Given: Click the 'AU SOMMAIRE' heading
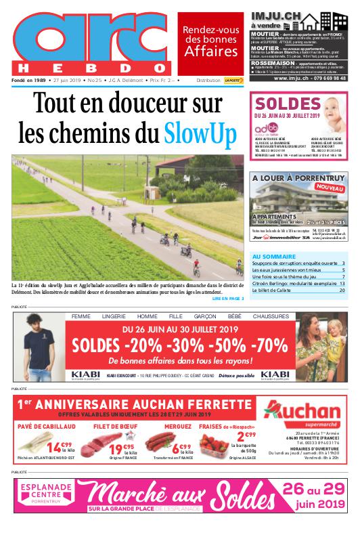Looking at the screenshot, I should (x=273, y=256).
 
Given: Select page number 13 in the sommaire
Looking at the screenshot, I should (x=342, y=283).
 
